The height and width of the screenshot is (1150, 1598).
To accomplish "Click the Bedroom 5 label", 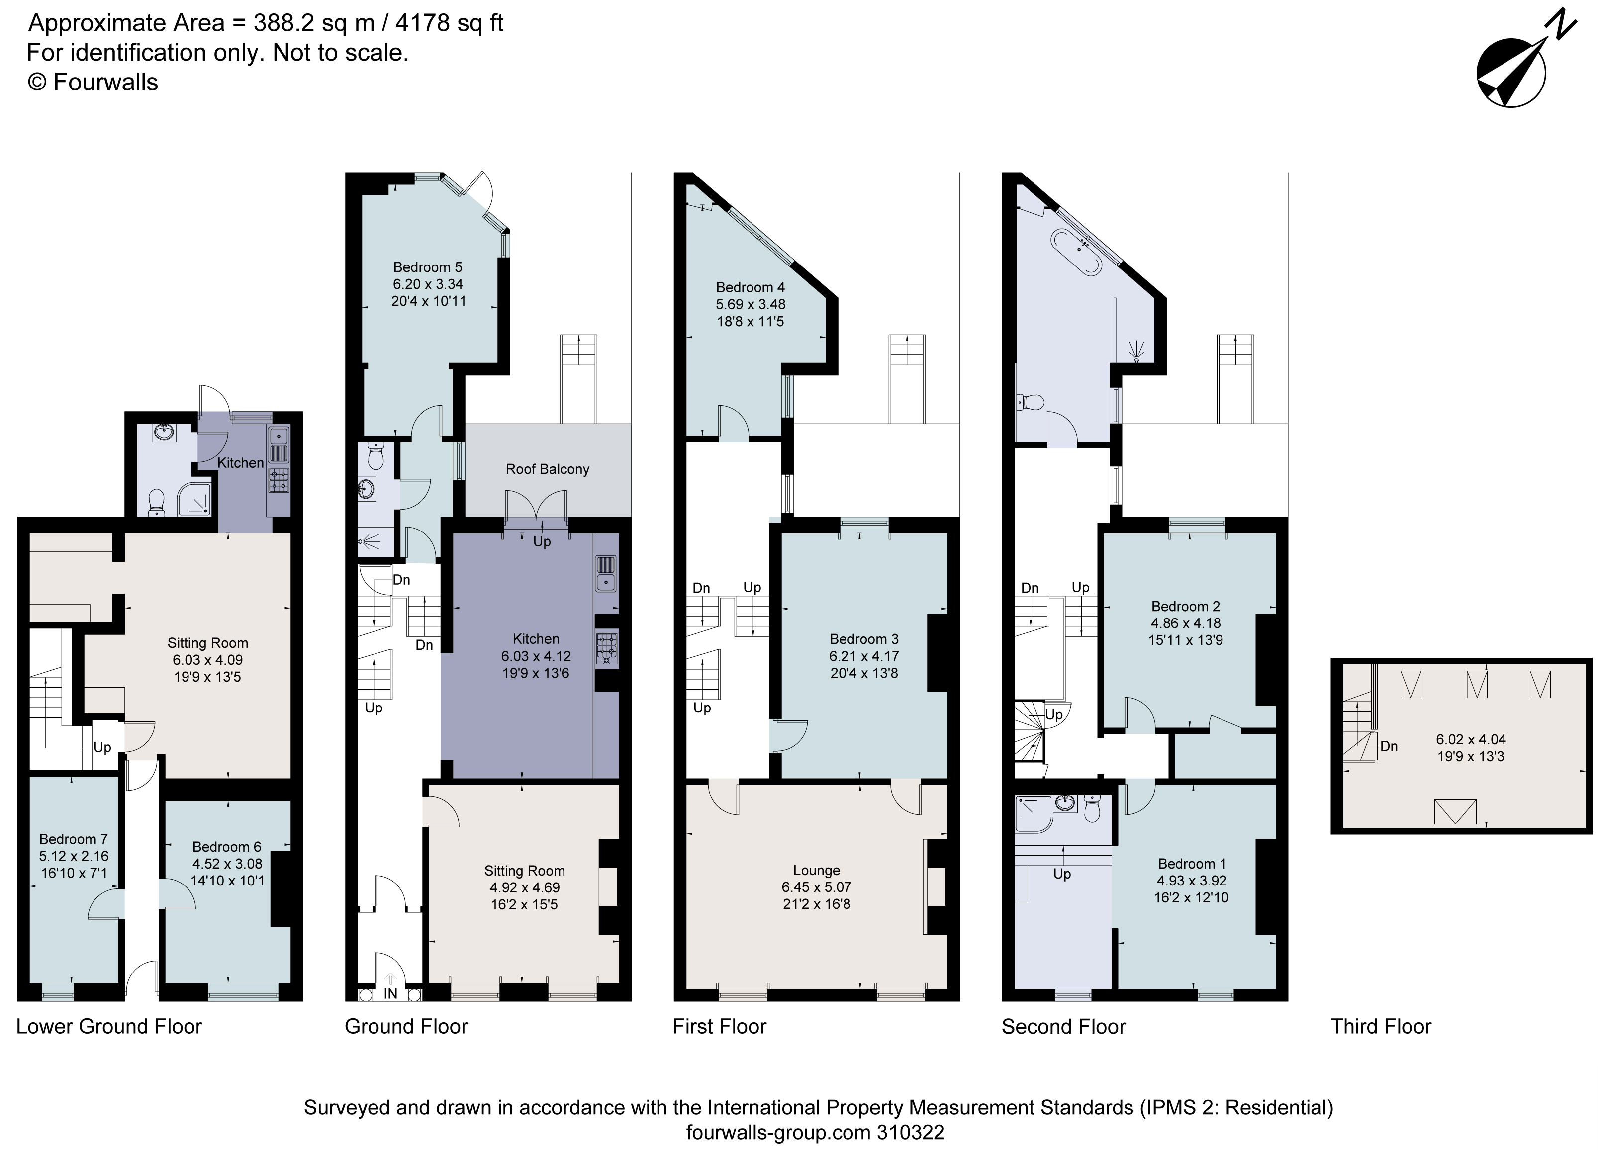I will (x=428, y=267).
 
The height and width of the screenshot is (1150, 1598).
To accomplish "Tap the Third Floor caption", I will (x=1380, y=1027).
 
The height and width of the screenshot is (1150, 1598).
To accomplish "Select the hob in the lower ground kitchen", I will (x=279, y=480).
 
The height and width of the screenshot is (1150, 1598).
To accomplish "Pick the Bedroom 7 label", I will (x=73, y=839).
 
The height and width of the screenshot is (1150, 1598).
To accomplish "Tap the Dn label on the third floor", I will (x=1389, y=746).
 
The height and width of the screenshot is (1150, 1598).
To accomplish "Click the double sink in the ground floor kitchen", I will (x=605, y=573).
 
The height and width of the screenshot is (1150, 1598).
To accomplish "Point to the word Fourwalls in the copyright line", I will (x=105, y=83).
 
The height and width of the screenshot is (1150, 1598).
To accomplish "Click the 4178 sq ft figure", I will (x=449, y=23).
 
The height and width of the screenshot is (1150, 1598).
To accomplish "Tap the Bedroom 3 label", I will (x=864, y=639).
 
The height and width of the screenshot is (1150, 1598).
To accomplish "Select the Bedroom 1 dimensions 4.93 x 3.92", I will (x=1191, y=881).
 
